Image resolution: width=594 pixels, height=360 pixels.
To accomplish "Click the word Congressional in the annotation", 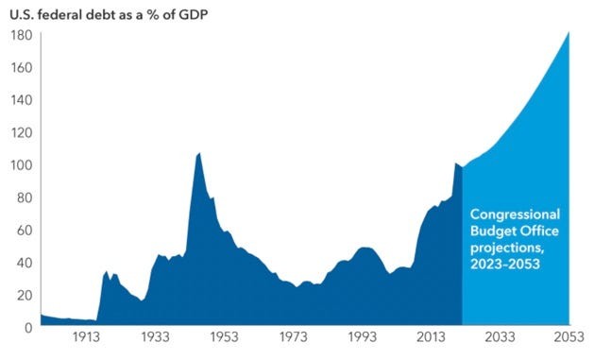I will pos(515,214).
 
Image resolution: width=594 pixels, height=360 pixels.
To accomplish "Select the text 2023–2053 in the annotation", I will pos(507,265).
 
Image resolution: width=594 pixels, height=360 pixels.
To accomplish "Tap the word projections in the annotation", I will pos(508,248).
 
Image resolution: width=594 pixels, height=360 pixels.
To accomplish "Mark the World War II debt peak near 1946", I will pos(198,153).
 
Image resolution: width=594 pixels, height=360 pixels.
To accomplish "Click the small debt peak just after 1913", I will pos(107,271).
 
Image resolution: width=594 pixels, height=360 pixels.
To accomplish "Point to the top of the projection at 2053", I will pos(569,33).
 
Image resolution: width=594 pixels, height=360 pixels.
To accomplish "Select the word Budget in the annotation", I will pos(493,231).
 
